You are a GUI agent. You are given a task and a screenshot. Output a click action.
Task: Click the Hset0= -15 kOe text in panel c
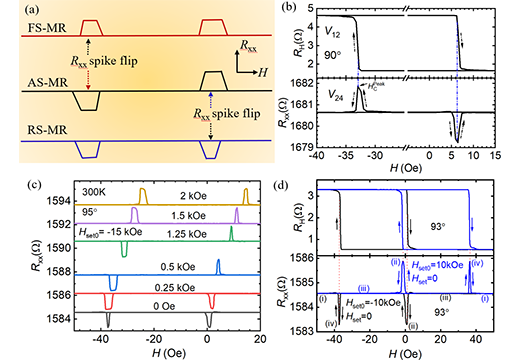pyautogui.click(x=89, y=238)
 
